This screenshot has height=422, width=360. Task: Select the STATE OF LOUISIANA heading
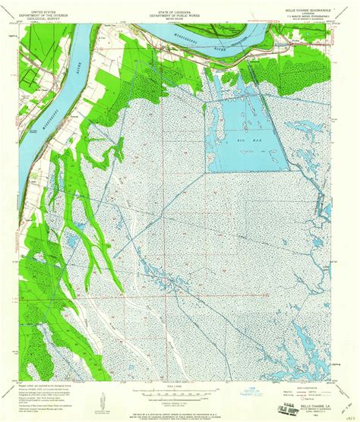pos(180,5)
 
